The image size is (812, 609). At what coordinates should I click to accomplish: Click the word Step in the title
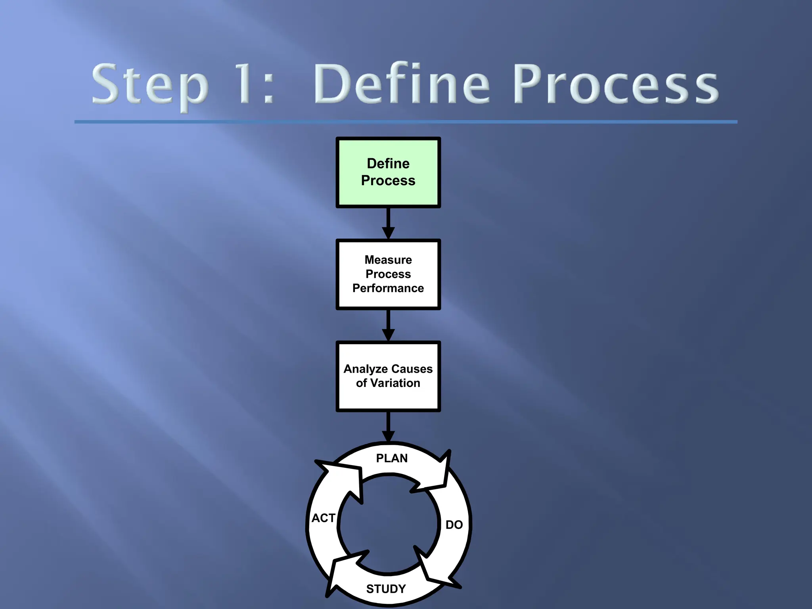[150, 85]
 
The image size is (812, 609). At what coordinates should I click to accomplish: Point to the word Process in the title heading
[616, 84]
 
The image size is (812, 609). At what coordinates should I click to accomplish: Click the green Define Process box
[388, 172]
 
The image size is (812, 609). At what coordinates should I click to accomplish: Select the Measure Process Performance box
[388, 274]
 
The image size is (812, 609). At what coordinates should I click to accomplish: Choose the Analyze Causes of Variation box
[388, 376]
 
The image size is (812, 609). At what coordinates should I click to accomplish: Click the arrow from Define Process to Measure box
[388, 223]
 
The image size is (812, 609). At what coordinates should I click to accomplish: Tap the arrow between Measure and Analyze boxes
[388, 325]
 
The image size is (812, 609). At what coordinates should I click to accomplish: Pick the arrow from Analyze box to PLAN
[388, 427]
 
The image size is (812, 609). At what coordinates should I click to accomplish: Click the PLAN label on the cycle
[392, 458]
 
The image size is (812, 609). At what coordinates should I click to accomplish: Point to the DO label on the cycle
[454, 525]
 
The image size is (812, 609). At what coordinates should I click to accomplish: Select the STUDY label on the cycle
[386, 589]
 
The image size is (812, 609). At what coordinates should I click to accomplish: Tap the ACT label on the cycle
[323, 518]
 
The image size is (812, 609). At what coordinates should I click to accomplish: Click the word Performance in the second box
[388, 288]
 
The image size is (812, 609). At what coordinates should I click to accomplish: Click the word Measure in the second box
[388, 260]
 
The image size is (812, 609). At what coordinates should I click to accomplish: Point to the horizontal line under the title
[406, 122]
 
